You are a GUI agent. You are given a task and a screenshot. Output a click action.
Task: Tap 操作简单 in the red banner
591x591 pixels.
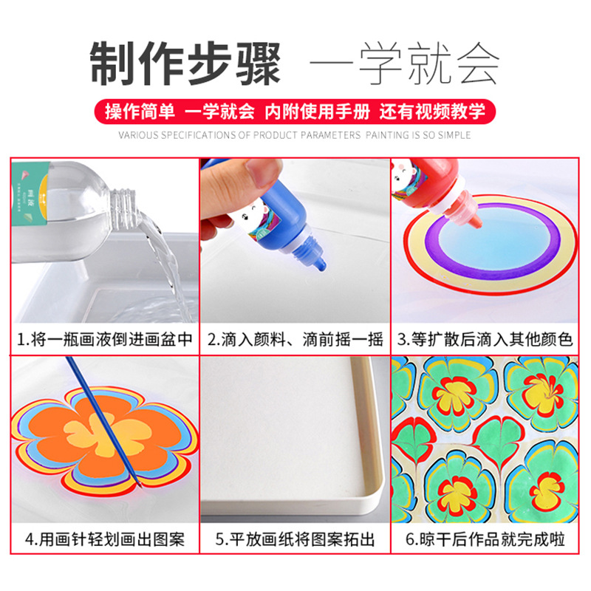click(x=140, y=112)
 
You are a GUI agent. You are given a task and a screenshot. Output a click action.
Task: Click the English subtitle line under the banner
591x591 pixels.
click(x=295, y=135)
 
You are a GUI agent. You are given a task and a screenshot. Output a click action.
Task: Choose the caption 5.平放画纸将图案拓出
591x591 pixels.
click(x=295, y=539)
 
